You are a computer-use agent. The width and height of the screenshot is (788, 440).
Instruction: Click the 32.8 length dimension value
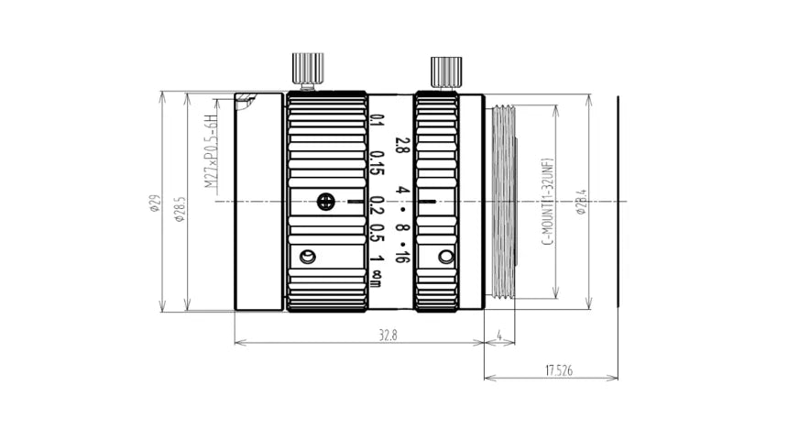388,335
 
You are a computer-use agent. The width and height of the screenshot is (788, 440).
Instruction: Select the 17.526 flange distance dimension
559,371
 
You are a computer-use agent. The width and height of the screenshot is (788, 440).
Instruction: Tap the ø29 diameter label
154,203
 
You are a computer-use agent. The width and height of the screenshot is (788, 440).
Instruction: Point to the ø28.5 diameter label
179,209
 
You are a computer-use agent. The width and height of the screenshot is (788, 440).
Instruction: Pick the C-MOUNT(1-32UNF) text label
547,201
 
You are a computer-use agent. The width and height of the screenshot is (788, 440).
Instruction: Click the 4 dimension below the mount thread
499,335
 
